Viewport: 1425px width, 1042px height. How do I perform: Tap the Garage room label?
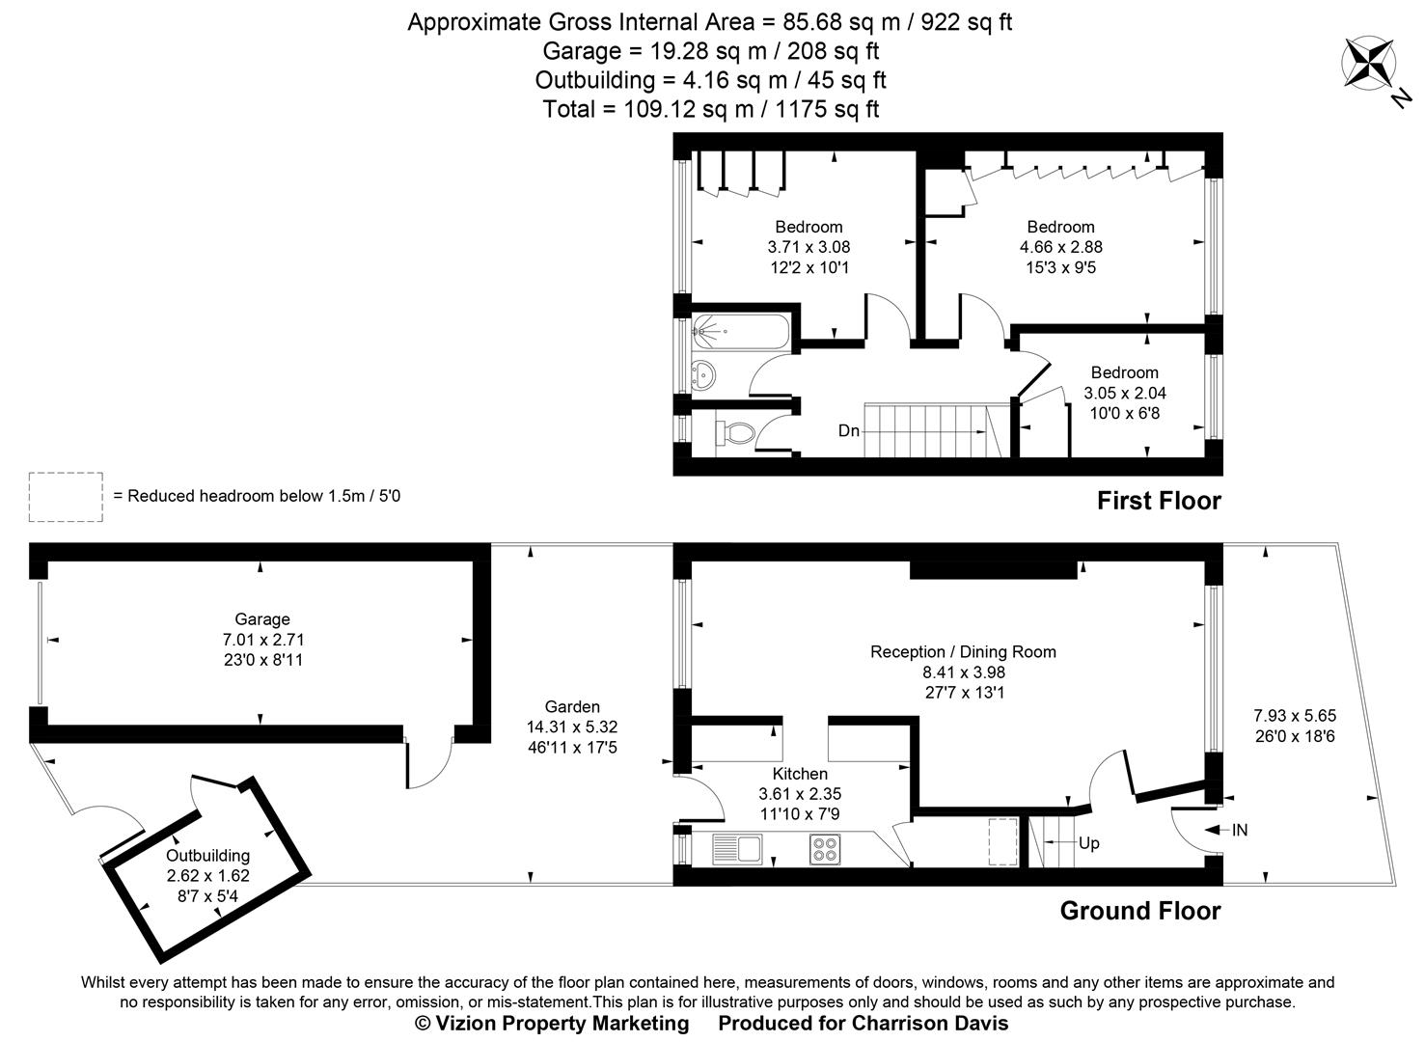[261, 619]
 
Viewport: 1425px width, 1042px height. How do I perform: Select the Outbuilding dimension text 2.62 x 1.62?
[207, 876]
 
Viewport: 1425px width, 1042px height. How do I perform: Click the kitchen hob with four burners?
[825, 849]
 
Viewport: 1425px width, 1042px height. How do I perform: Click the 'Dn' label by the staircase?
[848, 431]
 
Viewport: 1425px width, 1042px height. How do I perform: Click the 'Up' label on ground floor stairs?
[1088, 843]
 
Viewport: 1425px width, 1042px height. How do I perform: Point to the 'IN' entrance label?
[1239, 830]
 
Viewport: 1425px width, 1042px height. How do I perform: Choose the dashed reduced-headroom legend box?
[66, 497]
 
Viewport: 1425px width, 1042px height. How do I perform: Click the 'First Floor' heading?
[1158, 501]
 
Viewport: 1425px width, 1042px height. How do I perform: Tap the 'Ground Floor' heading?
[1139, 911]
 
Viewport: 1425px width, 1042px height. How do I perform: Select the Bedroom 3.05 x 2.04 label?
[1124, 372]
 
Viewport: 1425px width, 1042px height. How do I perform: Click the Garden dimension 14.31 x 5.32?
[571, 727]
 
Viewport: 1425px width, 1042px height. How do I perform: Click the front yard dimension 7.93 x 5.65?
[1294, 716]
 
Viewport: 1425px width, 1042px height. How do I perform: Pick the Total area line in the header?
[710, 109]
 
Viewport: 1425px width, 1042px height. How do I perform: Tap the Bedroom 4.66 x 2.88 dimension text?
[1060, 247]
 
